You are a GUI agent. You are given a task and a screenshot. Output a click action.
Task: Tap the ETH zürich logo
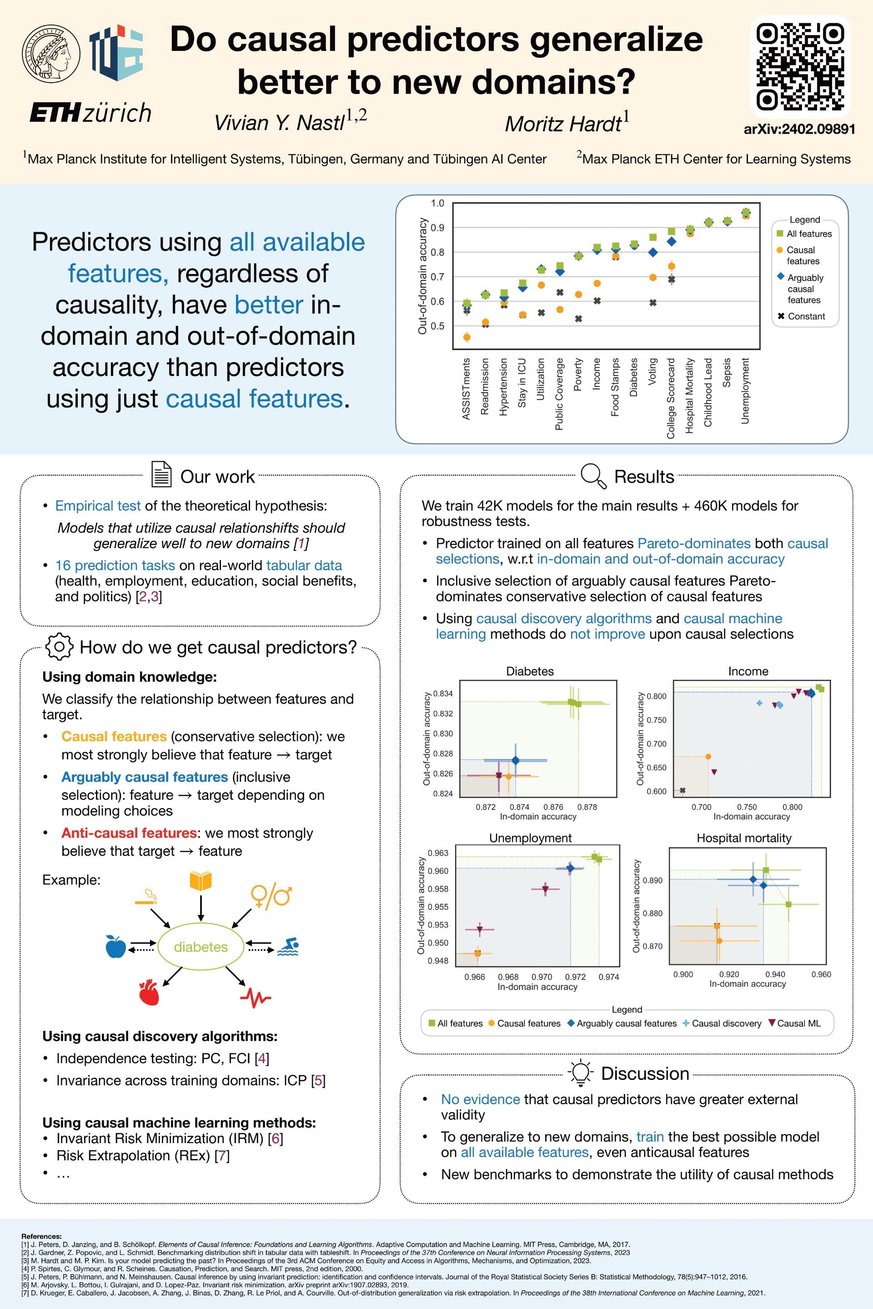pyautogui.click(x=90, y=113)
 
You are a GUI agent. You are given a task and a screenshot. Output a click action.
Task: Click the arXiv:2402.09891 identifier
pyautogui.click(x=799, y=129)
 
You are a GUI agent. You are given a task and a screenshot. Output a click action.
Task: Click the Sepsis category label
pyautogui.click(x=727, y=372)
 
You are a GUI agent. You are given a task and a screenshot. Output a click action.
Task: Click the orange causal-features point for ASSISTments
pyautogui.click(x=467, y=337)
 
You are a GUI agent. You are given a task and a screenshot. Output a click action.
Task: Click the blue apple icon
pyautogui.click(x=116, y=946)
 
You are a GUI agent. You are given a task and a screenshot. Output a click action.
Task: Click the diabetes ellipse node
pyautogui.click(x=201, y=947)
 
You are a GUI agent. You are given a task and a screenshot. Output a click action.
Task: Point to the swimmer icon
pyautogui.click(x=288, y=946)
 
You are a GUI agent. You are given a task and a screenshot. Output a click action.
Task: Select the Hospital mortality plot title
pyautogui.click(x=743, y=838)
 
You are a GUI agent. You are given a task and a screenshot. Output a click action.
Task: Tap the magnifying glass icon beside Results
pyautogui.click(x=592, y=476)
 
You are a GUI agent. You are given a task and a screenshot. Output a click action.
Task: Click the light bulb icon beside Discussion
pyautogui.click(x=580, y=1073)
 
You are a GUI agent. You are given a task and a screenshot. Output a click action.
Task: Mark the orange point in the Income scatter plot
pyautogui.click(x=708, y=756)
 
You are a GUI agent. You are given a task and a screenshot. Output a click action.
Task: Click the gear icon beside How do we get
pyautogui.click(x=59, y=647)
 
